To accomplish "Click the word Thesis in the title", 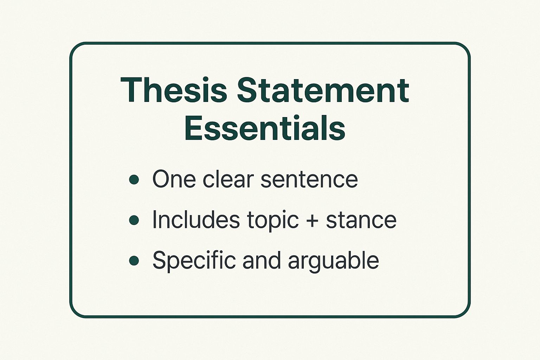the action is (174, 90).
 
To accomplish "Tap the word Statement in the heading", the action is (323, 90).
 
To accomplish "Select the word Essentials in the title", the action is (265, 128).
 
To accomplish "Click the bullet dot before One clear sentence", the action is (134, 180).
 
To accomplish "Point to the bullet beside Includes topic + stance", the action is (134, 220).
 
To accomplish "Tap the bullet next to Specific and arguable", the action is (134, 261).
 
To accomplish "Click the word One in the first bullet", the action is (174, 179).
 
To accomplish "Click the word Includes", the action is (196, 219).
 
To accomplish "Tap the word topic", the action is (274, 221).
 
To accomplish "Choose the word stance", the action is (361, 220).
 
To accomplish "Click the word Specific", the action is (194, 261).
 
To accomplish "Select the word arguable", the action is (334, 261).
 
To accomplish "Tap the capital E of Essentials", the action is (194, 128).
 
